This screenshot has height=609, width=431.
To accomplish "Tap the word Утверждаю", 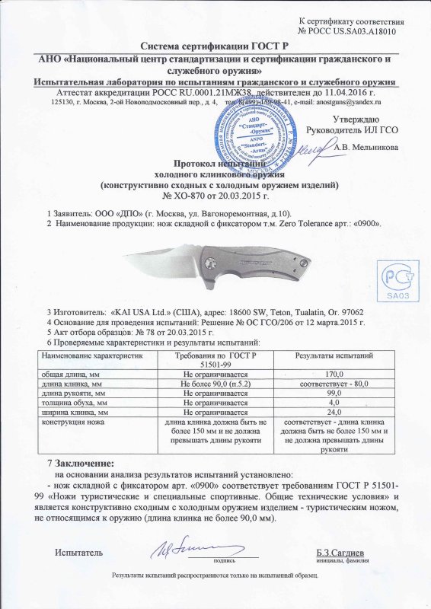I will [356, 120].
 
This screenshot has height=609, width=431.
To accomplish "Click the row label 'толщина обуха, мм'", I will [75, 402].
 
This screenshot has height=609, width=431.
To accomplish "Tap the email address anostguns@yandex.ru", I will [350, 101].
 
